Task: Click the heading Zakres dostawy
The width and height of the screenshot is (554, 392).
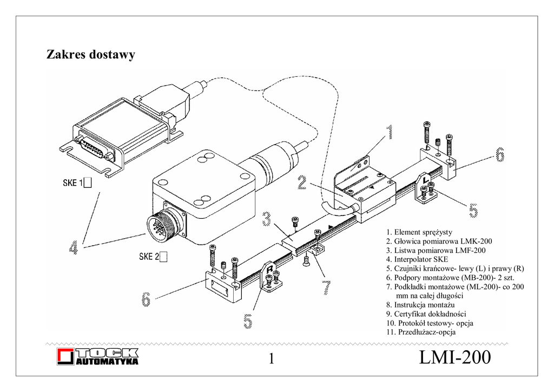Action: (90, 55)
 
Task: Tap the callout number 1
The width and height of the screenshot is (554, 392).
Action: (388, 133)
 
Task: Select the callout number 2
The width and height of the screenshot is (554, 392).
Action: (302, 182)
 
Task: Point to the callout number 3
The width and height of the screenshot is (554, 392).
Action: (267, 219)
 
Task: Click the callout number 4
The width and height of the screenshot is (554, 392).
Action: (74, 249)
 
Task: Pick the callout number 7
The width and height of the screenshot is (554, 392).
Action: (327, 287)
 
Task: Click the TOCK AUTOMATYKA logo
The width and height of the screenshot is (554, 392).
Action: (98, 357)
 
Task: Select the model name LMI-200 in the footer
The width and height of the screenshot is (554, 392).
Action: (455, 358)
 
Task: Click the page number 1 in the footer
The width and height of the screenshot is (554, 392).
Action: (272, 359)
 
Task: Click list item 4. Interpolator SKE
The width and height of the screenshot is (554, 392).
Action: (417, 259)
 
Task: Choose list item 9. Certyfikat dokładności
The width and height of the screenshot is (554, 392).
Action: (426, 314)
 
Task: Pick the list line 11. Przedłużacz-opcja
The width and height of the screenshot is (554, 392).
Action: (421, 332)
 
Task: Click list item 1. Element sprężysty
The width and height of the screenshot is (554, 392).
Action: (419, 232)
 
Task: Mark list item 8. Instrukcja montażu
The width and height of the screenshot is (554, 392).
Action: (420, 305)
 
